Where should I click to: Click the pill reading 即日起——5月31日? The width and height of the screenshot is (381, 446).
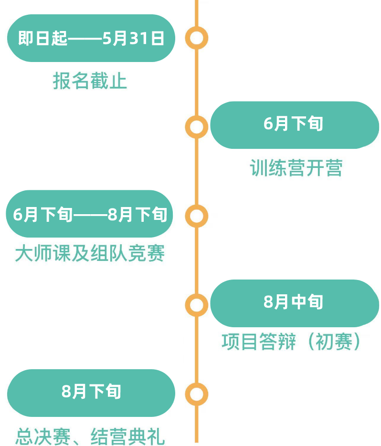[x=91, y=38]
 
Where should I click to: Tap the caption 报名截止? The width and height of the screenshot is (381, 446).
[x=90, y=81]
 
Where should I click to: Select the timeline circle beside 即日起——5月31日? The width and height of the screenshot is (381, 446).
[x=196, y=38]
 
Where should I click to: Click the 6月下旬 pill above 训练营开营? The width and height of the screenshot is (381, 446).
[x=294, y=124]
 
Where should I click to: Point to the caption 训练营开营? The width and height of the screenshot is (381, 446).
[x=296, y=168]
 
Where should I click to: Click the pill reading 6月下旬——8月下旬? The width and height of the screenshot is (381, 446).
[x=90, y=215]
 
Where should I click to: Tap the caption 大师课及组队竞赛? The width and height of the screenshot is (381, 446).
[x=90, y=253]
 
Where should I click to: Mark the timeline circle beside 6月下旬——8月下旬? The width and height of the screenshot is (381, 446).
[x=196, y=216]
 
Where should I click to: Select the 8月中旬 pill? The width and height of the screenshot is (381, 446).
[x=294, y=302]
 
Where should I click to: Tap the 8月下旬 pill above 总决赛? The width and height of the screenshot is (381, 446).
[x=91, y=392]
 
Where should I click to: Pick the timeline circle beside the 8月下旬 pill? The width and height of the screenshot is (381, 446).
[x=196, y=394]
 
